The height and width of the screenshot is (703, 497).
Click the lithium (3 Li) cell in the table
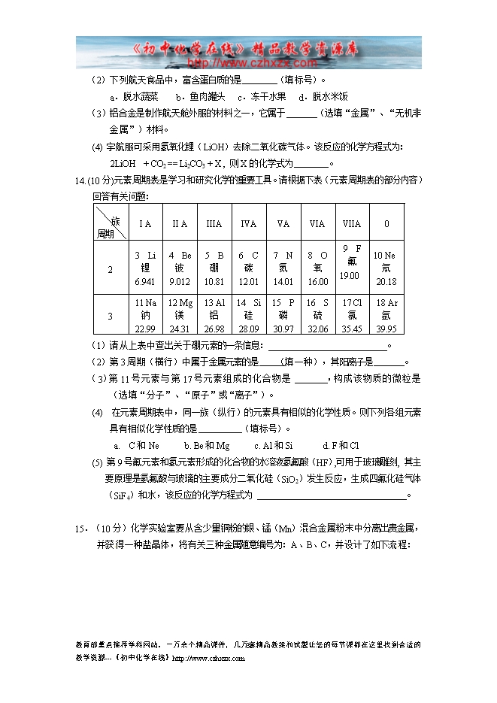tap(144, 268)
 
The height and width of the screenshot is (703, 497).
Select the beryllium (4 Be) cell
tap(180, 268)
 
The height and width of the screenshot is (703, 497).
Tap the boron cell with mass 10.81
tap(214, 268)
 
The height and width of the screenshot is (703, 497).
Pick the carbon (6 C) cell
tap(249, 268)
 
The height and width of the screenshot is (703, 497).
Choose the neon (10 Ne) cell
tap(386, 268)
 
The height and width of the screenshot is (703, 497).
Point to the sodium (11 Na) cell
tap(144, 315)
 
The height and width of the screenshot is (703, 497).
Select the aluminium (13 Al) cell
tap(214, 315)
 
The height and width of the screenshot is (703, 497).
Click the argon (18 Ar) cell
tap(386, 315)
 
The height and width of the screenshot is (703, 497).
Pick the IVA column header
tap(249, 223)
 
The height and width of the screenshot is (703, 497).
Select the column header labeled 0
tap(386, 223)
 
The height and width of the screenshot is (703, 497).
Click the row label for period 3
tap(110, 316)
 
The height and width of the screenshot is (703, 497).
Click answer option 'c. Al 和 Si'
tap(274, 445)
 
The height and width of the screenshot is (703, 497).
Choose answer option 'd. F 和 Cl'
tap(341, 445)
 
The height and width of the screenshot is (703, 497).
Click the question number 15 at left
tap(81, 529)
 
